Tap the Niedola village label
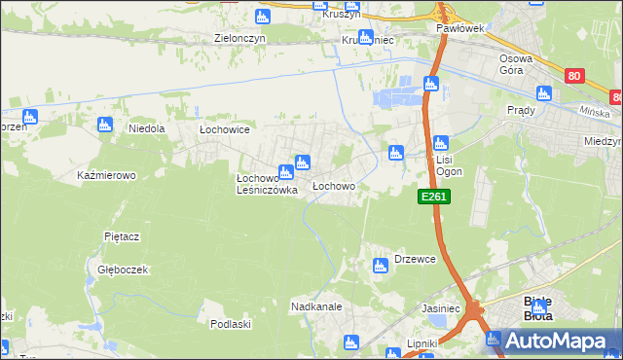point(148,128)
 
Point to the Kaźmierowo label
point(105,176)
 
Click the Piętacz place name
point(123,236)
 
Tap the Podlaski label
point(232,324)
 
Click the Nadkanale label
point(315,306)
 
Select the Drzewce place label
point(415,260)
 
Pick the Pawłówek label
point(459,29)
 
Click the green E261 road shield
point(433,198)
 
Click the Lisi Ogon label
point(448,165)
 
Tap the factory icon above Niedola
point(105,125)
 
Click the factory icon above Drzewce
point(381,266)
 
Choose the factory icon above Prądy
point(543,93)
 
